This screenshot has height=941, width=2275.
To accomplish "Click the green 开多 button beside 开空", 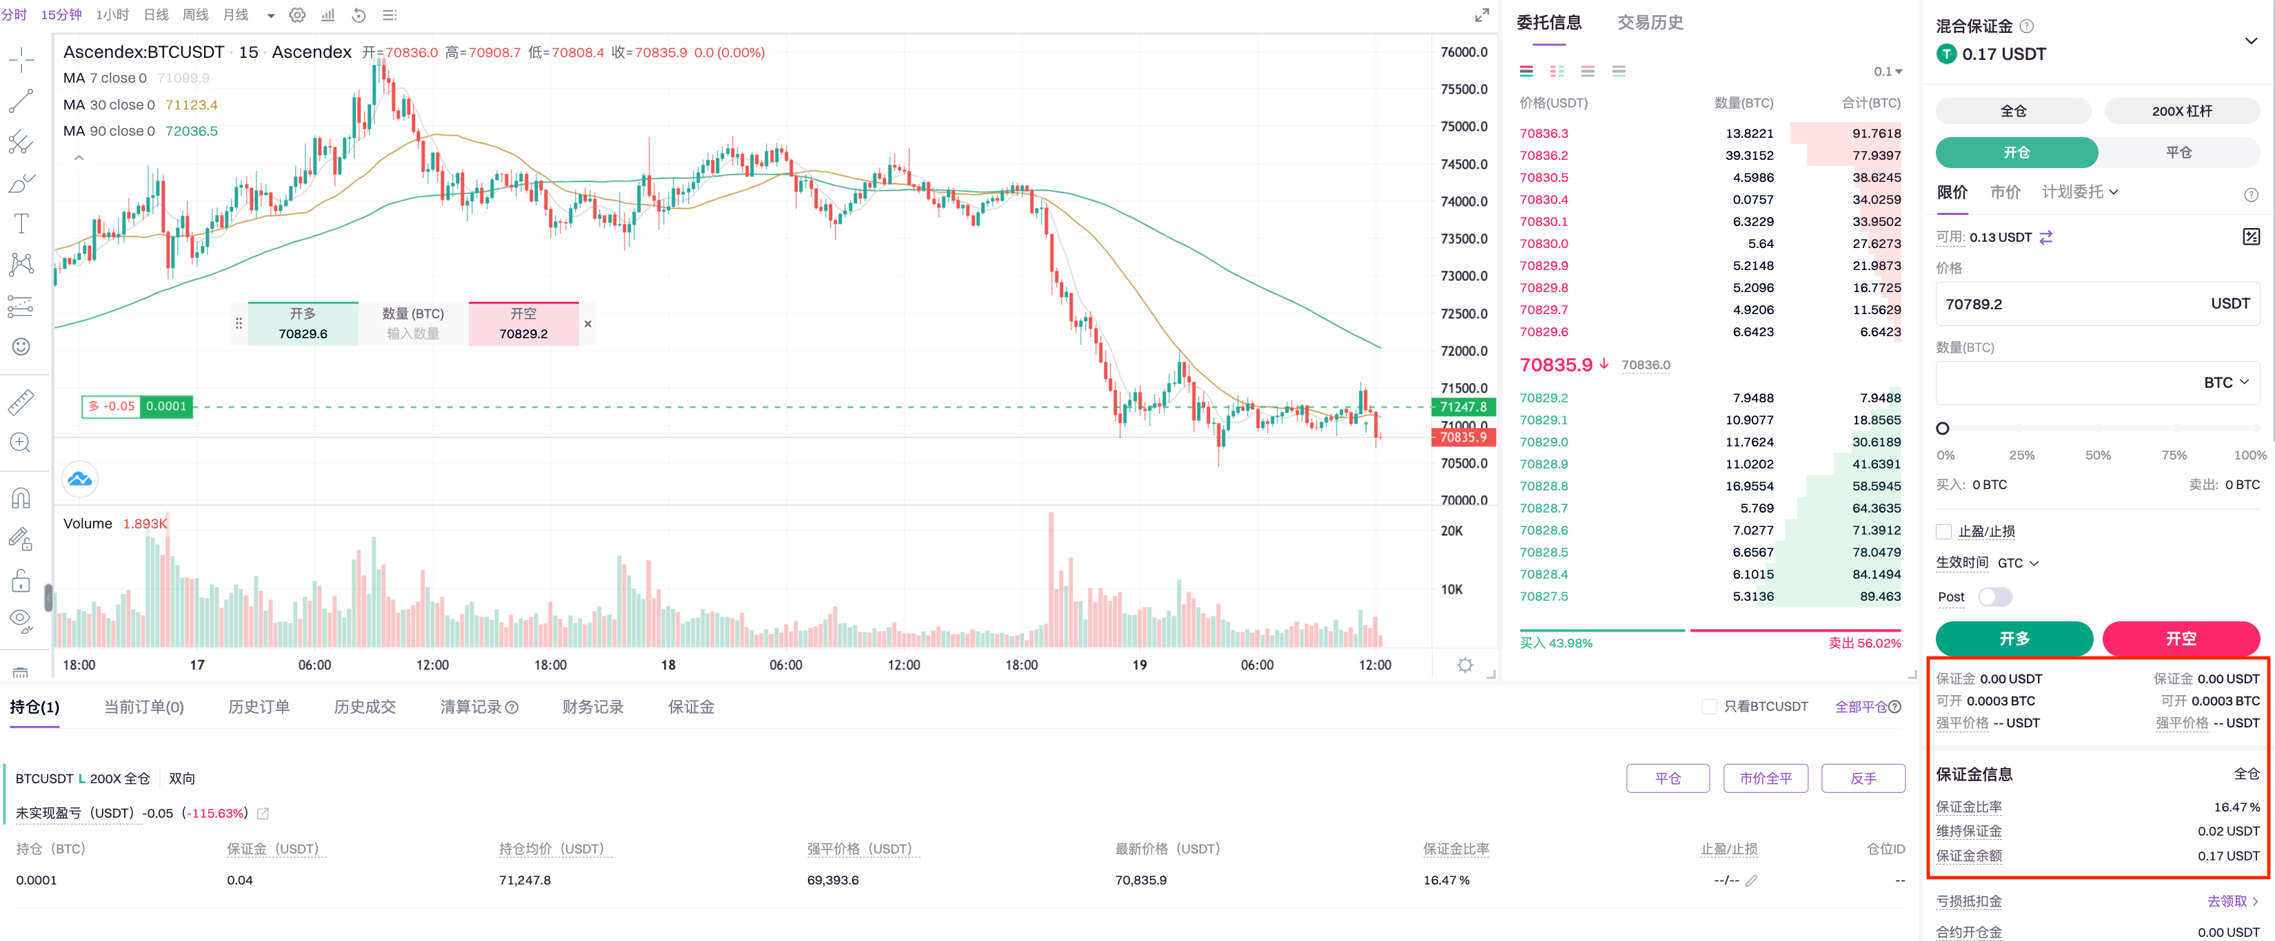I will point(2014,638).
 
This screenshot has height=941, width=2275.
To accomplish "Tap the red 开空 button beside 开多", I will point(2180,638).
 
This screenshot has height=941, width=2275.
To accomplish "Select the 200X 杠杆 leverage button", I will point(2181,111).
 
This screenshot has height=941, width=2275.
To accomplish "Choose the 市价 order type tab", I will point(2005,192).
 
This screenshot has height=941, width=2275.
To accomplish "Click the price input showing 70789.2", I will point(2067,304).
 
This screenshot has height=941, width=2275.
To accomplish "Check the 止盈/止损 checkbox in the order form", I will point(1944,531).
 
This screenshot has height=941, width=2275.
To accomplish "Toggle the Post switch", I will point(1994,597).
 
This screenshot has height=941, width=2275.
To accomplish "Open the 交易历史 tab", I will point(1650,23).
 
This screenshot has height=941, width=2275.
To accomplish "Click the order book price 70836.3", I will point(1544,133).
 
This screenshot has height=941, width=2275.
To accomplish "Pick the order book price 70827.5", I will point(1544,596).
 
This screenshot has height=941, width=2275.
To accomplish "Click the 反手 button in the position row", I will point(1863,778).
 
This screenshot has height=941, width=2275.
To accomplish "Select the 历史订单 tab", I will point(259,707).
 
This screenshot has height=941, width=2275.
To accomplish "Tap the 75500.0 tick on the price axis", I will point(1464,89).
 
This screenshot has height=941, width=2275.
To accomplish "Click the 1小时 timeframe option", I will point(112,15).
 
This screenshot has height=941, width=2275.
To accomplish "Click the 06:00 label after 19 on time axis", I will point(1257,665).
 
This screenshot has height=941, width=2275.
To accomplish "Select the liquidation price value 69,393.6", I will point(832,880).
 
